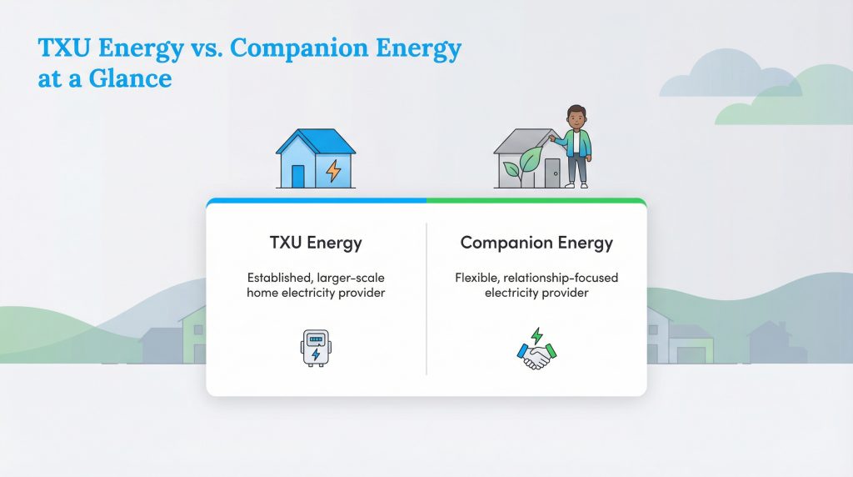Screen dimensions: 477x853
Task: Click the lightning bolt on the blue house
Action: [333, 171]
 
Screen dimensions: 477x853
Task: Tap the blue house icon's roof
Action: [315, 141]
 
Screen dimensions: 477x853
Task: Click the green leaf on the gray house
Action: [529, 160]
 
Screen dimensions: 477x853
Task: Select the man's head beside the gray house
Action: [576, 117]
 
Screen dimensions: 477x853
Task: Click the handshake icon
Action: [536, 356]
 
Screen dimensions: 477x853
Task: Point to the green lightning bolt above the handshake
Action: [537, 335]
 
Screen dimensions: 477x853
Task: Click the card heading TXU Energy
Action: [316, 244]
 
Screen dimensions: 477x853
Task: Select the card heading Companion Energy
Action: [536, 244]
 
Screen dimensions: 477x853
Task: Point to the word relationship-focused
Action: [566, 277]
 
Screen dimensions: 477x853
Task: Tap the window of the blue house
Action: [297, 175]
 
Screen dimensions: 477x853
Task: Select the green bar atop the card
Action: [536, 201]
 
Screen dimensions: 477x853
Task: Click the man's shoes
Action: [576, 185]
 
